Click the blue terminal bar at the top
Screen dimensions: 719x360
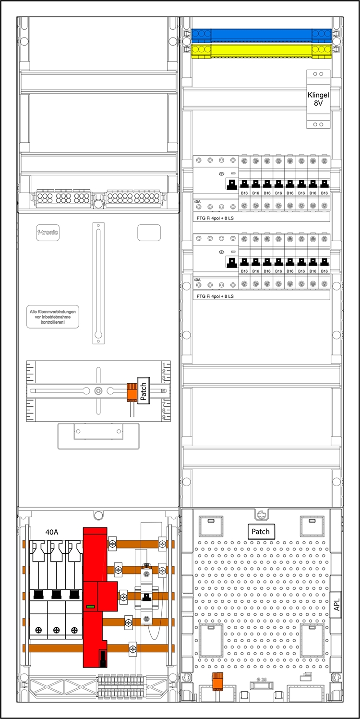[x=261, y=35]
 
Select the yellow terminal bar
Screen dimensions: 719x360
[x=261, y=50]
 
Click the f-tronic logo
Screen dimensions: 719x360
[x=48, y=233]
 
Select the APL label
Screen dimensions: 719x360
[x=336, y=603]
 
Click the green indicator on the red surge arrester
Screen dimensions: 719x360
[x=90, y=607]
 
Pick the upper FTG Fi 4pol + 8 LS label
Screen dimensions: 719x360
[x=216, y=217]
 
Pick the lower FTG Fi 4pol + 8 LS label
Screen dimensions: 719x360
[x=216, y=296]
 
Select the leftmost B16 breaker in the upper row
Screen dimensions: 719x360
[x=244, y=184]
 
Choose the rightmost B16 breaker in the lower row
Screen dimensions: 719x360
[x=325, y=263]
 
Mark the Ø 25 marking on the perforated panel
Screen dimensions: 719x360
[x=261, y=679]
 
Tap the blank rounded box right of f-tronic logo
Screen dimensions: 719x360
[x=149, y=232]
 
